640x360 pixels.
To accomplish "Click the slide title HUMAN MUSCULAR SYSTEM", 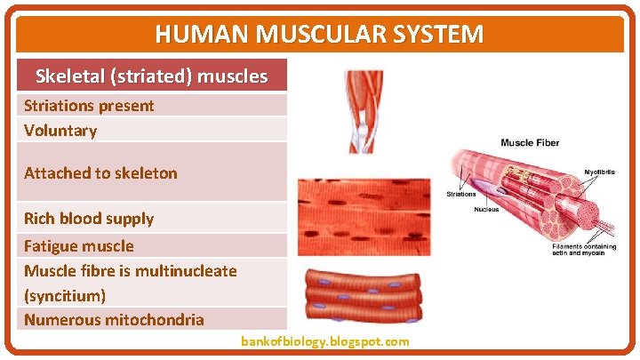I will [319, 35].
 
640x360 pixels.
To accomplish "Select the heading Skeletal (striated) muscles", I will [151, 76].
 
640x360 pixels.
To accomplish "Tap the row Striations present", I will [89, 106].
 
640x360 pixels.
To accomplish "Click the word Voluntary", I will [60, 131].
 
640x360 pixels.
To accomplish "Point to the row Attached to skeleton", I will [100, 173].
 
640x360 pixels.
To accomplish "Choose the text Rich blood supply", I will [89, 219].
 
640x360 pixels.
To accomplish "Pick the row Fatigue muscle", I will [79, 246].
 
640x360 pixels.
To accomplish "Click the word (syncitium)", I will [65, 295].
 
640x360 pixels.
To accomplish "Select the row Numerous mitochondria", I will [114, 320].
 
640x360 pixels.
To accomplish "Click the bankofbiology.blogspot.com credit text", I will [324, 341].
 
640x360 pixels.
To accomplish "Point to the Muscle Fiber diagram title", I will [530, 143].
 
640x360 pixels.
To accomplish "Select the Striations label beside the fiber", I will [461, 193].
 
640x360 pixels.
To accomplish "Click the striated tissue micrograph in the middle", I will [364, 217].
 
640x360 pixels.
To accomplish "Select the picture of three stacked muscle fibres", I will [364, 297].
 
